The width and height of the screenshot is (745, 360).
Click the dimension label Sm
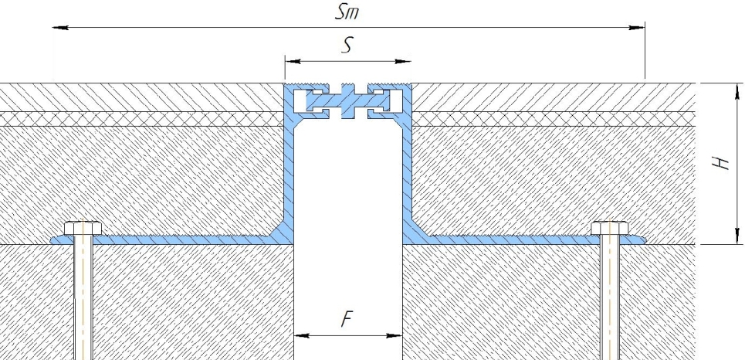(x=347, y=12)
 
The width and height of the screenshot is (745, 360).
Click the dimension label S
(x=347, y=46)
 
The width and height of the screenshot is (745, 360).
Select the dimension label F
(x=347, y=320)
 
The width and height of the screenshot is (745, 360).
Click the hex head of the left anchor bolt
(x=83, y=228)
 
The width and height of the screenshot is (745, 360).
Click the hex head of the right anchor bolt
(x=610, y=228)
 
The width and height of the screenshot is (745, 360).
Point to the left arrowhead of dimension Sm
(x=60, y=28)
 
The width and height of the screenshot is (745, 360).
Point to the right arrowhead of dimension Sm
(x=637, y=28)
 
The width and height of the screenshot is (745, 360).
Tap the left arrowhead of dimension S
(x=293, y=61)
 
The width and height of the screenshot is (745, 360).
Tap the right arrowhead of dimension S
(x=403, y=61)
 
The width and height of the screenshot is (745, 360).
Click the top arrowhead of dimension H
(x=737, y=91)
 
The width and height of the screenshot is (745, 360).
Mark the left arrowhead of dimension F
(x=302, y=336)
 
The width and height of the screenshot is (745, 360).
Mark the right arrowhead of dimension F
(x=395, y=336)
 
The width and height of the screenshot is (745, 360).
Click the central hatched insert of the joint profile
(x=347, y=101)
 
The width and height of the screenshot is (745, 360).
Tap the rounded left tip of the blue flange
(x=52, y=239)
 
